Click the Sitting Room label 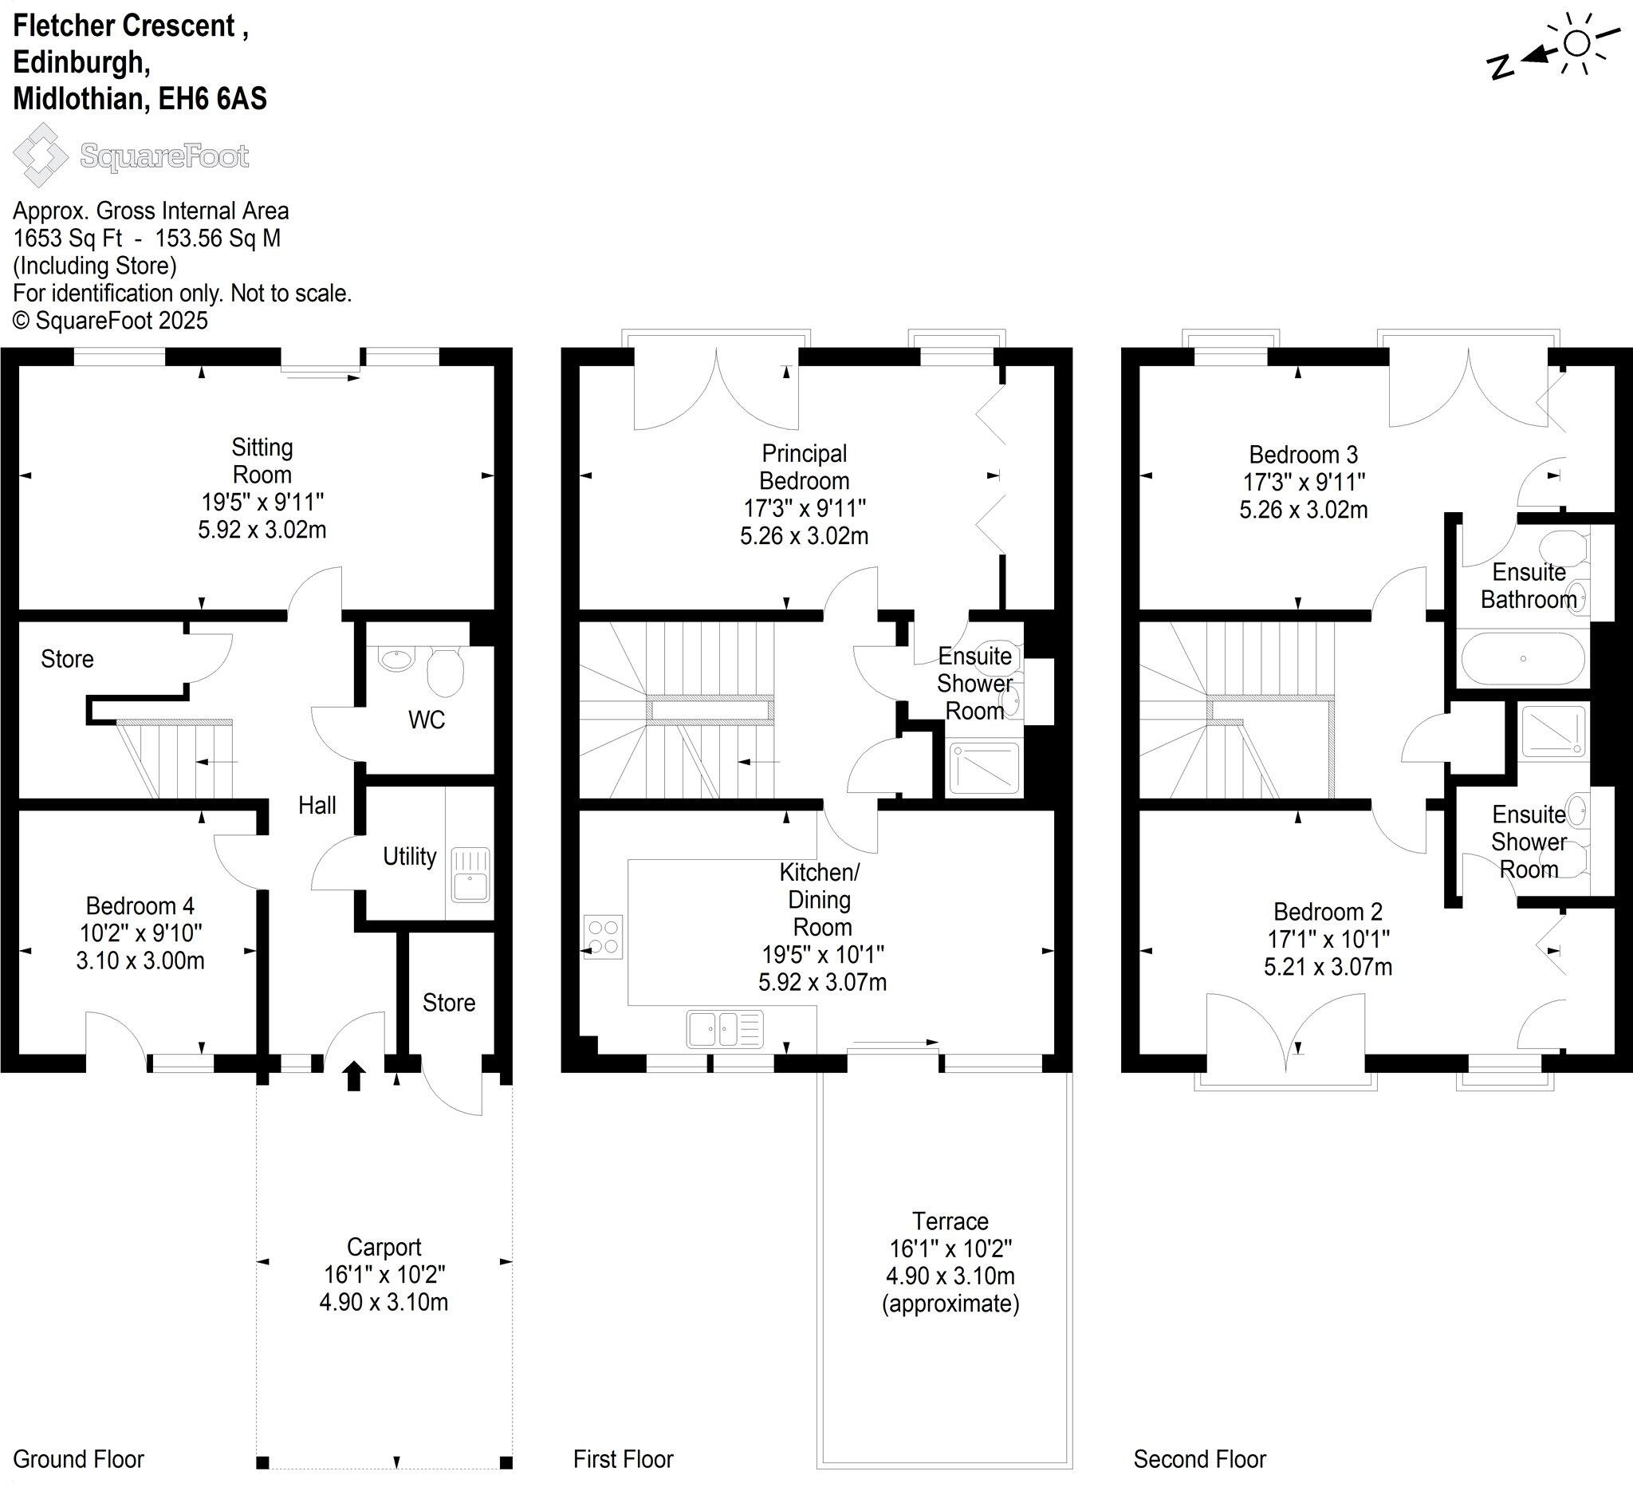tap(262, 460)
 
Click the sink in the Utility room tap(470, 874)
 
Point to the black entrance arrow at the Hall tap(354, 1077)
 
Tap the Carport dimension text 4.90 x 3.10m tap(384, 1301)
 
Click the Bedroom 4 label tap(140, 905)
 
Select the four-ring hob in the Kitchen tap(603, 937)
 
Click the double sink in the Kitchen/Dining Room tap(724, 1029)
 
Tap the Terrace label tap(950, 1221)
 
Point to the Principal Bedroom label tap(804, 467)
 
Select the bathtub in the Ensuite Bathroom tap(1523, 659)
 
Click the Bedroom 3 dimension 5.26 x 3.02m tap(1304, 510)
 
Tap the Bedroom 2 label tap(1328, 912)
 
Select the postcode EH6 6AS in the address tap(212, 99)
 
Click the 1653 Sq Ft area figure tap(68, 239)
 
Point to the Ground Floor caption tap(79, 1459)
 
